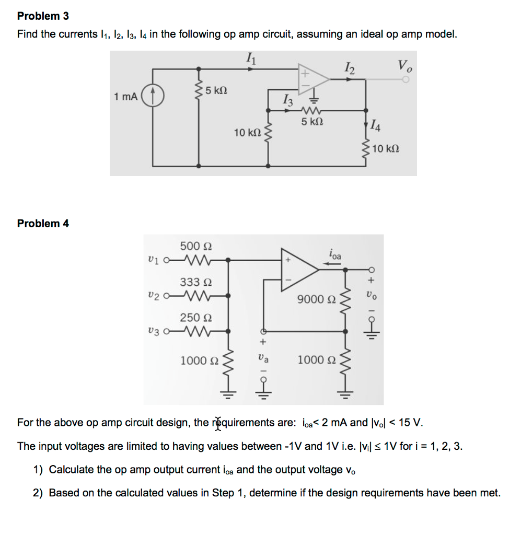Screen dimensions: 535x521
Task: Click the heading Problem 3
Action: [43, 16]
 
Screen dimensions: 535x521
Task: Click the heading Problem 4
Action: [43, 224]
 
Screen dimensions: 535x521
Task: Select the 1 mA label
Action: [126, 97]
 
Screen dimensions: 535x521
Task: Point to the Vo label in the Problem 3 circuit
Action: [404, 66]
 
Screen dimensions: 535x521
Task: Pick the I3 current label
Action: [287, 98]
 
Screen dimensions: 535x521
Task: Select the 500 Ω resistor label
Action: [195, 246]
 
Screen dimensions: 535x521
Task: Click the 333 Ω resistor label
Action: [195, 282]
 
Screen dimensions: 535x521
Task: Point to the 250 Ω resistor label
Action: [195, 318]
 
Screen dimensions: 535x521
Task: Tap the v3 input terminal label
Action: [153, 330]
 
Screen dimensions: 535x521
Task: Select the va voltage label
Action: [263, 360]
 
